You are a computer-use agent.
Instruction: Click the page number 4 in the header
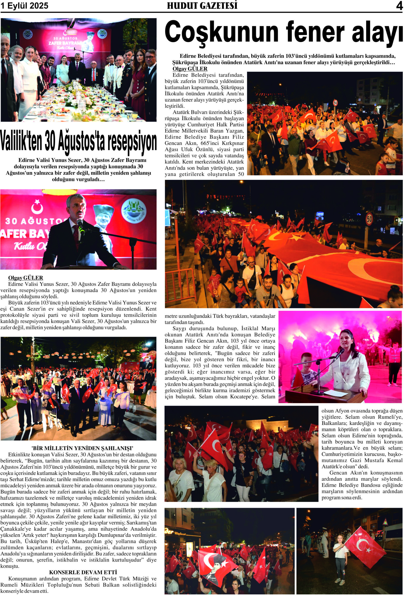(399, 6)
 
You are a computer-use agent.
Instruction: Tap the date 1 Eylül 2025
(25, 6)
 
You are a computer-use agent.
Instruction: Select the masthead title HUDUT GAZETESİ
(202, 6)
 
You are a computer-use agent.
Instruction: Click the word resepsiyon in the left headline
(132, 142)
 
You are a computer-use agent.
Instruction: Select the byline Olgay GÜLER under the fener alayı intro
(190, 69)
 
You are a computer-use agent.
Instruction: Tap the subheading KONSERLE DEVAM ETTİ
(83, 572)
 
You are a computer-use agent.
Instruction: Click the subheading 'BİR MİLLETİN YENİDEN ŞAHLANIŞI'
(82, 448)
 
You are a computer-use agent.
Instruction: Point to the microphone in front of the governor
(81, 226)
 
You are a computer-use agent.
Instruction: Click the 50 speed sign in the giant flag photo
(369, 219)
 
